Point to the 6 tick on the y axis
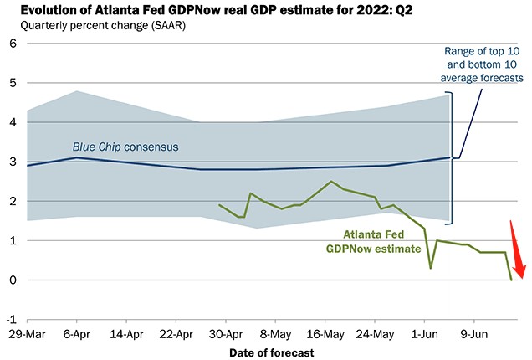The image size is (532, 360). [13, 44]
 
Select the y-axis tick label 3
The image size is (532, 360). [13, 162]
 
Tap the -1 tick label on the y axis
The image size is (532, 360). [11, 320]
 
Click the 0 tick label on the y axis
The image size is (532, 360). [13, 280]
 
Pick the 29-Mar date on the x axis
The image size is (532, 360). [28, 334]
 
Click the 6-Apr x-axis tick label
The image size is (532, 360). [77, 334]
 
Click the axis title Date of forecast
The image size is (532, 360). [272, 353]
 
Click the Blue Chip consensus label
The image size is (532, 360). [125, 147]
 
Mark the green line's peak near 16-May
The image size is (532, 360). [331, 182]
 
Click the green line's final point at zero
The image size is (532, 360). [511, 280]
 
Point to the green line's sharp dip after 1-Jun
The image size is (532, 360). [431, 268]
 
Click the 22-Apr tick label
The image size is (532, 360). [176, 334]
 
